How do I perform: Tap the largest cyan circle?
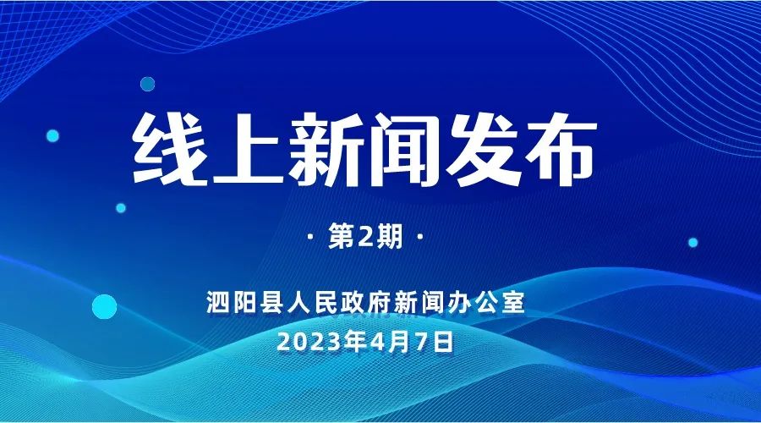coord(103,306)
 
